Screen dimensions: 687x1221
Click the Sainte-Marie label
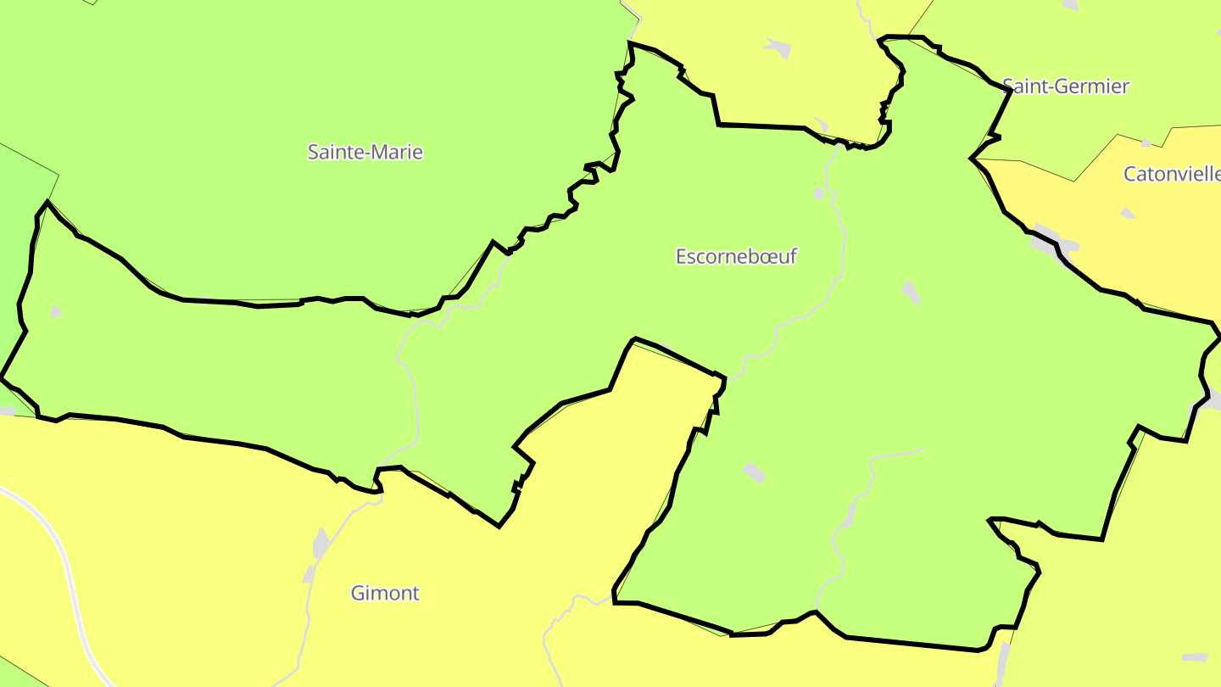365,153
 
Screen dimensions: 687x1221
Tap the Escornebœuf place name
736,256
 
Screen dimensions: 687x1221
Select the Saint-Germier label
1066,86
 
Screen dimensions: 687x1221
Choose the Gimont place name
385,593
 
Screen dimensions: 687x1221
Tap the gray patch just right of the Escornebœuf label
910,292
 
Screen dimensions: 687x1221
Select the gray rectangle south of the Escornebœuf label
754,472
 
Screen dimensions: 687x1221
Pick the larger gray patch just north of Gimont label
321,543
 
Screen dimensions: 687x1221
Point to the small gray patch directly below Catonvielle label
1127,213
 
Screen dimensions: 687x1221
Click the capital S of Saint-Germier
1008,86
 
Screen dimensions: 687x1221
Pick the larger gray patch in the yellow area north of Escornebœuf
778,47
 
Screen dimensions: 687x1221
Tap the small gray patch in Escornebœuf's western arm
55,312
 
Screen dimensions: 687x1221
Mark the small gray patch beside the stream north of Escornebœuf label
818,193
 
